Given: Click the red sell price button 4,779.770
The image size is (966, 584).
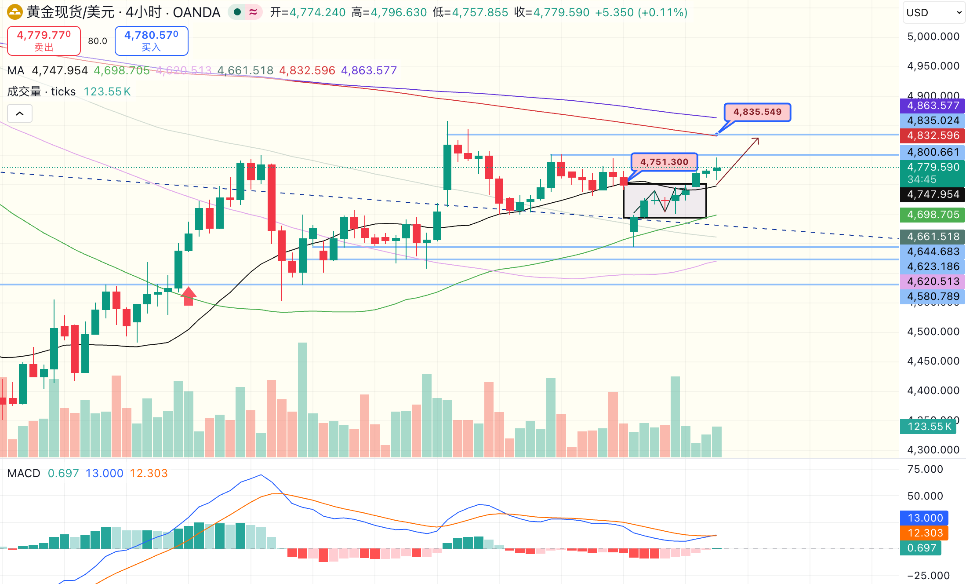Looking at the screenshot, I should [x=44, y=40].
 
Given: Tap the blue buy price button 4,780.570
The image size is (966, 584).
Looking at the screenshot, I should [x=151, y=40].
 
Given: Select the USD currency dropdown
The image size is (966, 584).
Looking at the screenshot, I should [x=933, y=12].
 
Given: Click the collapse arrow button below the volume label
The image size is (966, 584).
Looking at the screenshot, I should [x=20, y=113].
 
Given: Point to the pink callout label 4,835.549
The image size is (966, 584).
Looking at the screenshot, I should [x=757, y=112].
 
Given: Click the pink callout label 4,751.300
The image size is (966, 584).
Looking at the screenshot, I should [x=664, y=162].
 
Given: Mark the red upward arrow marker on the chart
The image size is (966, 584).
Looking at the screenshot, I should [x=189, y=296].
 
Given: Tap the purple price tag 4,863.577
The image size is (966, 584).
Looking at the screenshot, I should [x=933, y=106].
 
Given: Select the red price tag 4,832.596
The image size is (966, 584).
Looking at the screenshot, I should [x=933, y=135].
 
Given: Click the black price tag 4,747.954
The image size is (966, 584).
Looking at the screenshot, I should [x=933, y=194].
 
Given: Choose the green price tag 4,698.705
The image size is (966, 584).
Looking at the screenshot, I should [x=933, y=215].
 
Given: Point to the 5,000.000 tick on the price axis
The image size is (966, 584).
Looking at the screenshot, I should [x=933, y=36].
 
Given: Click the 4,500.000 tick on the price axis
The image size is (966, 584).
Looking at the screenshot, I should [x=933, y=332].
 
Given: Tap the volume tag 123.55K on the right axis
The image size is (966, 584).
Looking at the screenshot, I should [x=928, y=427].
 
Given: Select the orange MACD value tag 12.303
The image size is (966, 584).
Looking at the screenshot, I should [x=925, y=533].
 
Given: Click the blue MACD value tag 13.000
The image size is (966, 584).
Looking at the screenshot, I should [x=925, y=518].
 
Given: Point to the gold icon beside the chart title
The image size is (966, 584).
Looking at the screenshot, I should [x=15, y=12].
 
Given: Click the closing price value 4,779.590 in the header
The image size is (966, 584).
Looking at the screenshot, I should [x=561, y=12].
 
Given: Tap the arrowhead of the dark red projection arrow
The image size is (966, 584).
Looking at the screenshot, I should [x=757, y=140].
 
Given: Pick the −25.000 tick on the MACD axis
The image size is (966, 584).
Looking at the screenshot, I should [x=928, y=575].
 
